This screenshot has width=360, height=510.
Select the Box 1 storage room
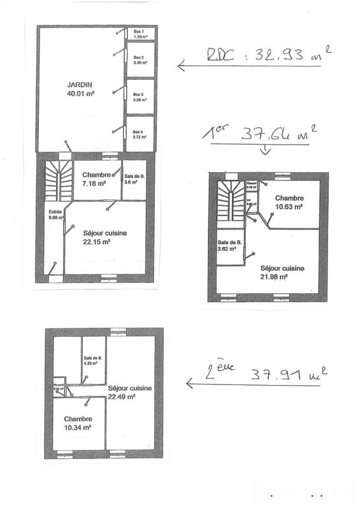[x=139, y=34]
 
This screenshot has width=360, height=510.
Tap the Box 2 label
[x=138, y=61]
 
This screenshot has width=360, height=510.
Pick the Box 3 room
[x=138, y=97]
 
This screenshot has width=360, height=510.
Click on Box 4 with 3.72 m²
[x=138, y=134]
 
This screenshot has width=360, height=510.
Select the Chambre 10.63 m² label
[x=289, y=202]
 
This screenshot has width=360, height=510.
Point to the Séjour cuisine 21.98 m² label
[x=282, y=272]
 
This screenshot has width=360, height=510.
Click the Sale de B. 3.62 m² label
[x=230, y=246]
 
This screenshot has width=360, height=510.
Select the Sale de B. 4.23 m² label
[x=93, y=361]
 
